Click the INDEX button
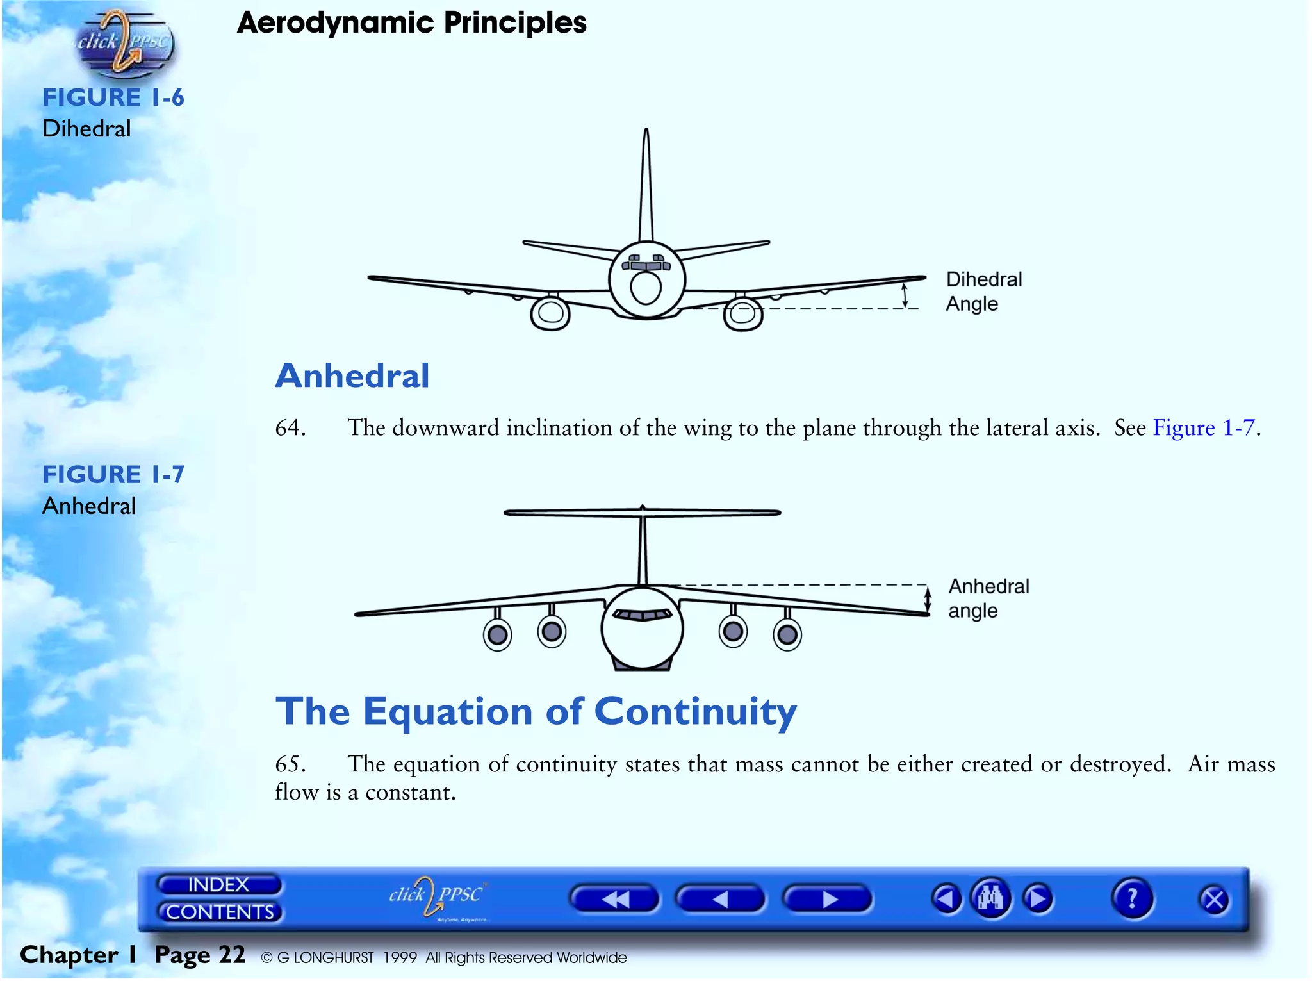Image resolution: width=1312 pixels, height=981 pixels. (218, 885)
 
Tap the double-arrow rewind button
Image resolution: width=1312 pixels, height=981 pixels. (614, 900)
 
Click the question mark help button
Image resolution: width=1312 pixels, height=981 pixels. (1132, 898)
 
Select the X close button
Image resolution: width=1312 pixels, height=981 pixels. (1213, 900)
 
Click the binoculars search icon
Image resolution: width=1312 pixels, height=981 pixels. (990, 898)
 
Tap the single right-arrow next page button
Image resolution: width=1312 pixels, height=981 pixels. (828, 900)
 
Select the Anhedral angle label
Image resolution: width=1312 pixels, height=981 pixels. (988, 598)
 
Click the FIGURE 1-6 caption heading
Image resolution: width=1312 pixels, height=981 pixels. (113, 97)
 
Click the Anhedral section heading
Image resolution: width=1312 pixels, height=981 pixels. (352, 375)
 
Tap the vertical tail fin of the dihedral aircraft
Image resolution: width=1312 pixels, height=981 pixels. (646, 186)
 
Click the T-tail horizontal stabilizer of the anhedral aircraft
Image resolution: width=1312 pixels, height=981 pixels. (642, 513)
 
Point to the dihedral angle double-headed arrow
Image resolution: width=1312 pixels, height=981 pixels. (905, 295)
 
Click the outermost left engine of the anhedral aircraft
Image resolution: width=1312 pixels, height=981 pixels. (497, 634)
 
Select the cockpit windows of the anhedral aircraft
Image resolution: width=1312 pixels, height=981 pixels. (642, 615)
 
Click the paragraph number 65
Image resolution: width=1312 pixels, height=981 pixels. (290, 764)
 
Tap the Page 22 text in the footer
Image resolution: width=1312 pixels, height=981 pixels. (200, 955)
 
